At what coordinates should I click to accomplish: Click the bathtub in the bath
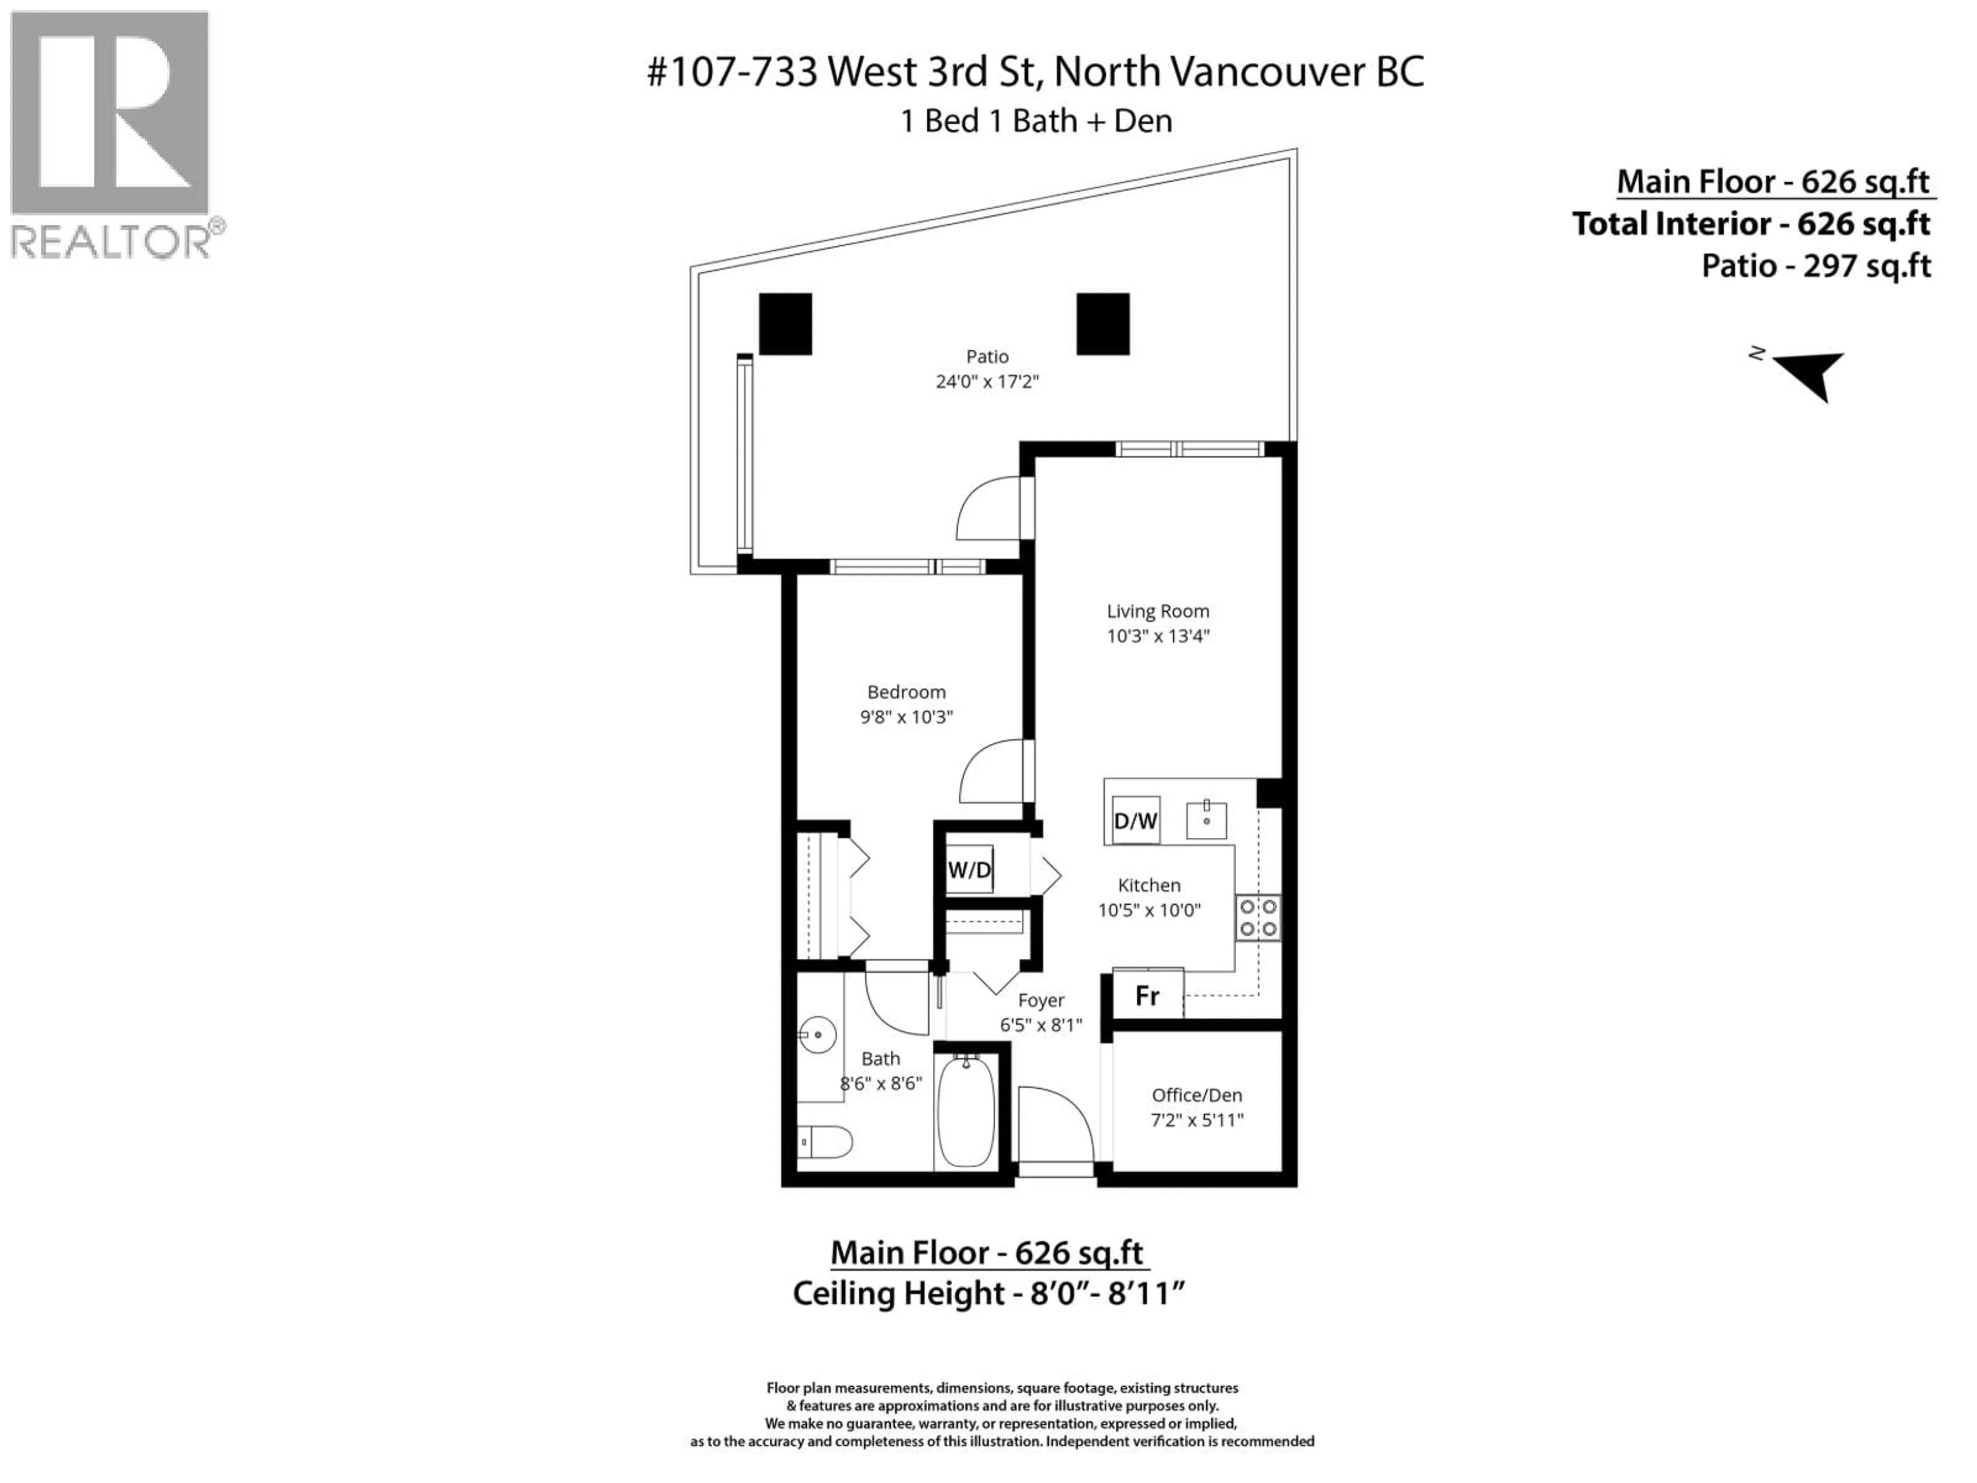(966, 1111)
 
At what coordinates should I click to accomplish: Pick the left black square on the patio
(786, 323)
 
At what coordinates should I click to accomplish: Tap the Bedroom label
(906, 692)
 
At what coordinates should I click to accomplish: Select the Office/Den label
(1196, 1095)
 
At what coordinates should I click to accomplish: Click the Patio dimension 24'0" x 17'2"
(987, 382)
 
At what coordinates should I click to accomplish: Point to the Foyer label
(1041, 1001)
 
